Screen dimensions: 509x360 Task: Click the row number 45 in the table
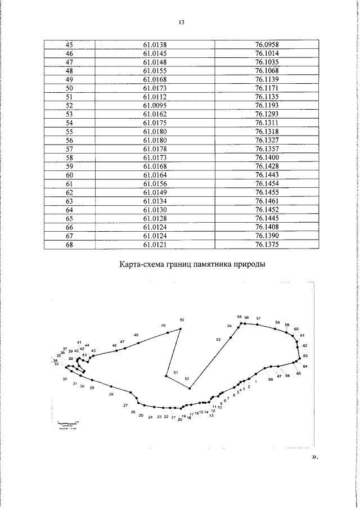point(70,44)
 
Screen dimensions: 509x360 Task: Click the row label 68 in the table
point(70,245)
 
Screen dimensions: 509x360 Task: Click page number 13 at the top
point(181,22)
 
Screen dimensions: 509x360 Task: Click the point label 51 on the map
point(175,372)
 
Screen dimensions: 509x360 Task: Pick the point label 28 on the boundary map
point(111,394)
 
